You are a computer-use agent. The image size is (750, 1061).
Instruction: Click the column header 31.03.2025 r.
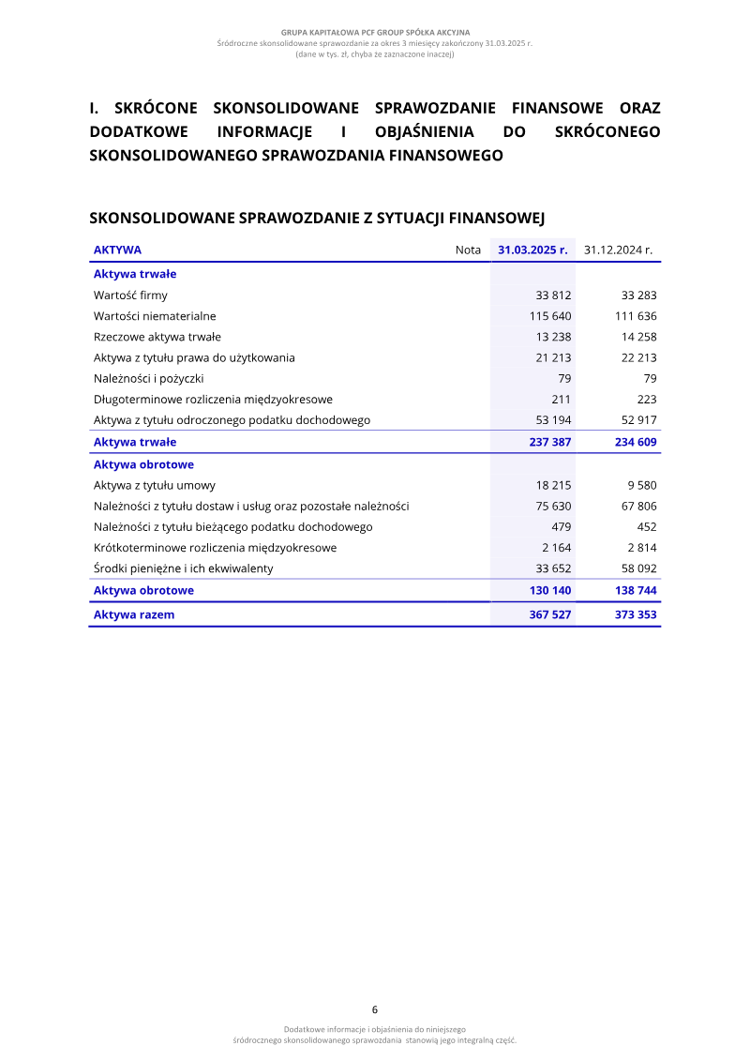point(532,250)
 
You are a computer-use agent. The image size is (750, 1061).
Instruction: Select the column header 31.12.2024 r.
point(618,250)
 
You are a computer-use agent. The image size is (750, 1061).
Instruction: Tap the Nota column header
point(468,250)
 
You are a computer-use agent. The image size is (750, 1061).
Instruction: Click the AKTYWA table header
point(117,250)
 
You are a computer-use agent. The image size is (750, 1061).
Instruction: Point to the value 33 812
point(553,296)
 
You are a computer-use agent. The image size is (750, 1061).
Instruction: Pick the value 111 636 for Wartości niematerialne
point(636,316)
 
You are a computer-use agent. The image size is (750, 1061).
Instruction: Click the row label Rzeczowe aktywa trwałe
point(157,337)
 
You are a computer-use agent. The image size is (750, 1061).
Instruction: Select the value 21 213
point(553,357)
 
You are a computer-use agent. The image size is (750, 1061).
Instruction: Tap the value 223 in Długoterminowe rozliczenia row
point(646,400)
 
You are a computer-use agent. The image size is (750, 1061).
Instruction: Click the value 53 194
point(553,420)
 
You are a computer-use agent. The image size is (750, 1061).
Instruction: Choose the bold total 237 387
point(550,442)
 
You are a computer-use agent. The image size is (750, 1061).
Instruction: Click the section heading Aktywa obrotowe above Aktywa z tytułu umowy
point(143,464)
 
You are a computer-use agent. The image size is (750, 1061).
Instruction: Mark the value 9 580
point(640,485)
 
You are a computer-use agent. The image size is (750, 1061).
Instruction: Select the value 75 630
point(553,507)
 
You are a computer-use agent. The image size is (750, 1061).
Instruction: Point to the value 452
point(646,527)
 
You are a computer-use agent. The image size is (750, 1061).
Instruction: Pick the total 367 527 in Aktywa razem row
point(550,615)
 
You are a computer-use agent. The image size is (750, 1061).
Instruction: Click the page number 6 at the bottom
point(375,1010)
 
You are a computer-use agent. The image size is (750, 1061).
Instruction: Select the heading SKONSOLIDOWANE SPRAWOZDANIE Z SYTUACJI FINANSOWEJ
point(317,219)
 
